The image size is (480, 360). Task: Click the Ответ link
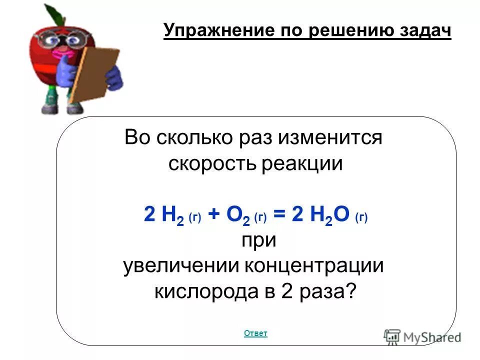[255, 333]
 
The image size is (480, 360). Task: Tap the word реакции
[302, 164]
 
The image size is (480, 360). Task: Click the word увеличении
[180, 265]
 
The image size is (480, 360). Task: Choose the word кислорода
[204, 291]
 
